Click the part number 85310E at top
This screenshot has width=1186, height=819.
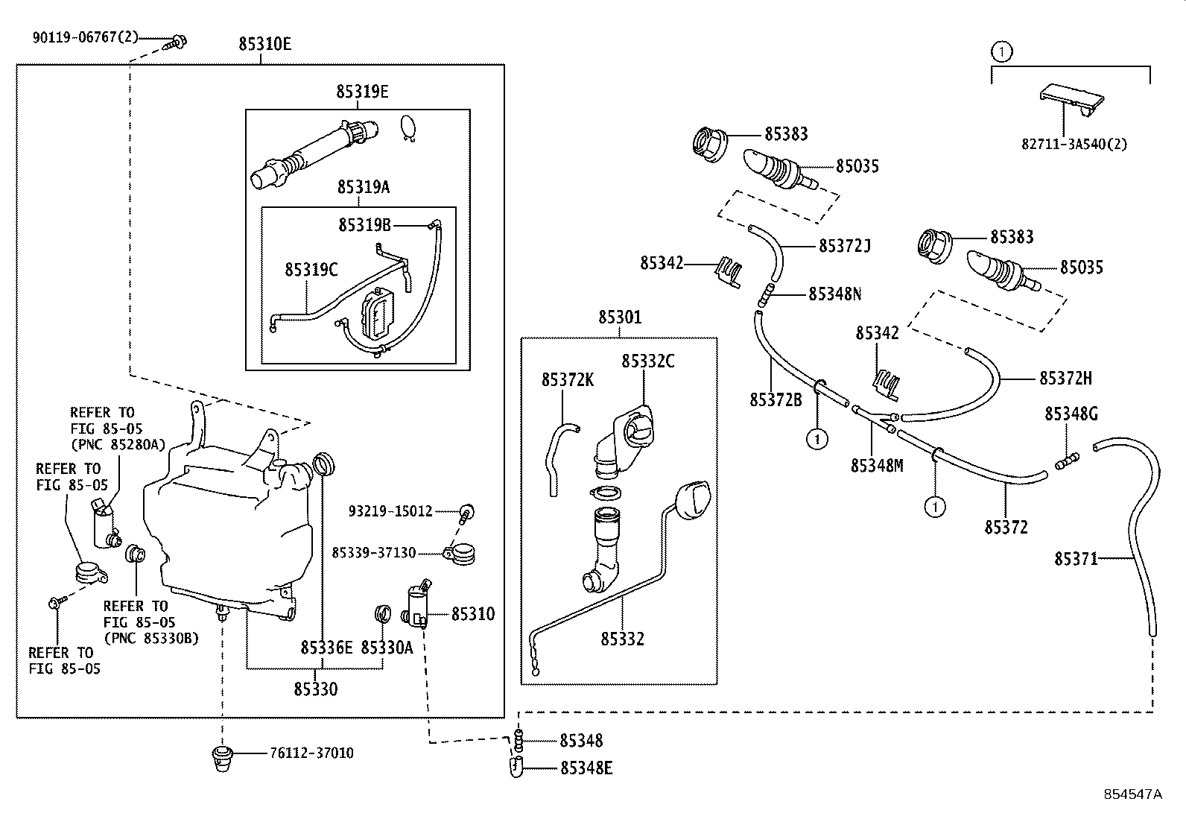click(264, 44)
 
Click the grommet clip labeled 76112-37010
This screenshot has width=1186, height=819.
click(220, 757)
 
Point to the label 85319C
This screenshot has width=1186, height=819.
click(311, 270)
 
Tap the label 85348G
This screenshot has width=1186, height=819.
click(1071, 414)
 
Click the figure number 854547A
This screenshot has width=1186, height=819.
click(1132, 794)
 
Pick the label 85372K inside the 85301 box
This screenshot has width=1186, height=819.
click(568, 380)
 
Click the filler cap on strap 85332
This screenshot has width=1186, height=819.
click(693, 499)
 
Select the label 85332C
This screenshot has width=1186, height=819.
click(648, 361)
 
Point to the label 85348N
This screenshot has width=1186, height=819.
click(834, 294)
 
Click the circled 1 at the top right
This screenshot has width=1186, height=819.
click(1002, 51)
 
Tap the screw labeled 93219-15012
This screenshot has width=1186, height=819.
click(467, 511)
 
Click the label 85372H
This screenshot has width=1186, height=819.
click(1065, 379)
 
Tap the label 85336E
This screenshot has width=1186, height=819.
click(326, 648)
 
